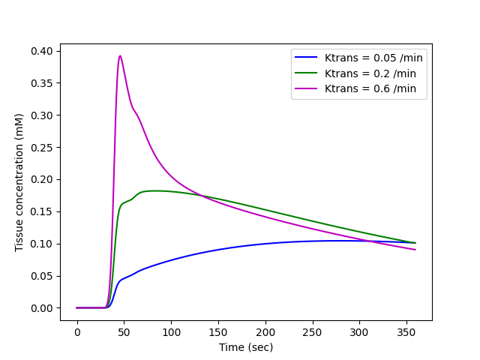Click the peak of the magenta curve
coord(120,55)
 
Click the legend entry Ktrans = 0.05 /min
coord(367,57)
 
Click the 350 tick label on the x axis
coord(406,333)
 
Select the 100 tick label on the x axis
coord(171,333)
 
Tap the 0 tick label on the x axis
coord(77,333)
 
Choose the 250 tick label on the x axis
coord(312,333)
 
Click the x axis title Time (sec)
coord(246,347)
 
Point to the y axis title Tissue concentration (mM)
coord(19,182)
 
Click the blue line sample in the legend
coord(307,57)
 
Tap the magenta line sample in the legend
coord(307,88)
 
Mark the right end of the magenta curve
coord(415,250)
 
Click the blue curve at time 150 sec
coord(218,249)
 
